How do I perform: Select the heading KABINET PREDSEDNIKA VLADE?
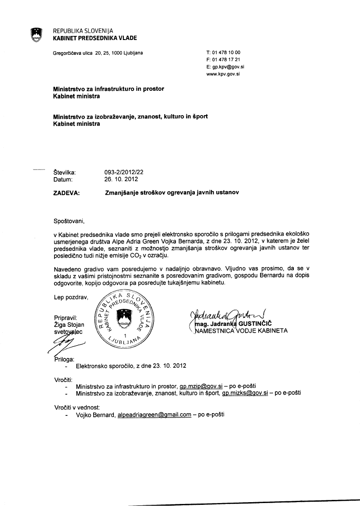[95, 38]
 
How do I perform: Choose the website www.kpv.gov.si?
[223, 74]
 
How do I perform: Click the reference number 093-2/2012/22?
[124, 172]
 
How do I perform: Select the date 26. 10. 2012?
[120, 179]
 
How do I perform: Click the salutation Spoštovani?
[69, 221]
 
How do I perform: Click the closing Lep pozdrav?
[71, 297]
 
